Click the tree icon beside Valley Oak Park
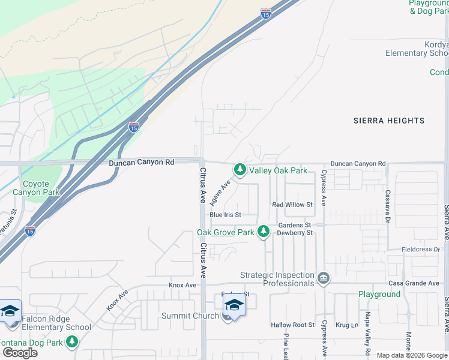click(x=240, y=170)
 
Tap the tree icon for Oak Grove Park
click(x=263, y=232)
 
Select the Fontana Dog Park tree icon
click(x=72, y=342)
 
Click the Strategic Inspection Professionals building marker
click(x=324, y=278)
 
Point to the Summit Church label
click(x=190, y=316)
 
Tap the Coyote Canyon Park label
click(x=41, y=188)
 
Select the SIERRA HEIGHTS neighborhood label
click(x=388, y=121)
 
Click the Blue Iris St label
click(x=225, y=215)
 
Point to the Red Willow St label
click(x=292, y=205)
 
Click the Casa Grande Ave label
click(x=414, y=283)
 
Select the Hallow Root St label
click(x=292, y=325)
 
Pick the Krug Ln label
click(x=346, y=325)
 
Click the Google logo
click(x=20, y=353)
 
